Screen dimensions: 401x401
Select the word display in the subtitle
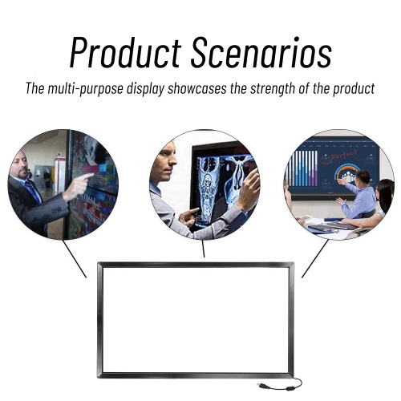point(154,88)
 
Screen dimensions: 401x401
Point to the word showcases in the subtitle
point(205,88)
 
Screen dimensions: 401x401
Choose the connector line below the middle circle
point(203,249)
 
